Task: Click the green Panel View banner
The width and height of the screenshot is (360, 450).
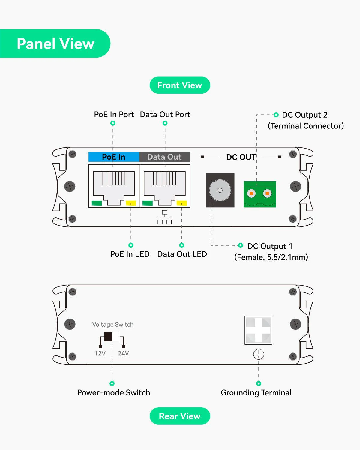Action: [55, 43]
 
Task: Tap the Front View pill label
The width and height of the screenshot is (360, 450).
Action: [180, 85]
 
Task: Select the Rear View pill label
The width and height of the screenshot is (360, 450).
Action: [180, 416]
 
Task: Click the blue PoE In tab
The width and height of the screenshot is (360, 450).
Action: [114, 157]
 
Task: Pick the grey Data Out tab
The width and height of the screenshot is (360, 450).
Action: [165, 157]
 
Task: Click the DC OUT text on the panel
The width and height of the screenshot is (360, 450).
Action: [241, 157]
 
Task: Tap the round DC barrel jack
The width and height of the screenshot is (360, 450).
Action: [220, 190]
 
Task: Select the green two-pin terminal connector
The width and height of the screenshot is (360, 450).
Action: [260, 194]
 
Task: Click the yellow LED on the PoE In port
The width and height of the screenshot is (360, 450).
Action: [131, 203]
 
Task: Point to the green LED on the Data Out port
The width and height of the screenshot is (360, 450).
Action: [148, 203]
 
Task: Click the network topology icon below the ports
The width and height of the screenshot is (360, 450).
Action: [165, 217]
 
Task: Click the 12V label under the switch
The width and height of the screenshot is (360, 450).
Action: [100, 353]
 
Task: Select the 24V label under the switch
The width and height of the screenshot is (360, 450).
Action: [123, 353]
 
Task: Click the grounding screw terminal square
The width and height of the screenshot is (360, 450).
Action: [258, 330]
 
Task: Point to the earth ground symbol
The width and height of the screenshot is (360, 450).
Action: [259, 354]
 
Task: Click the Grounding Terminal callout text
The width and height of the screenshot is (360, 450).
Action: [256, 393]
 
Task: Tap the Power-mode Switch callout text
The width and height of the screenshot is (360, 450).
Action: [114, 392]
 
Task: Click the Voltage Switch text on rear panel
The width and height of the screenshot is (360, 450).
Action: [113, 324]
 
